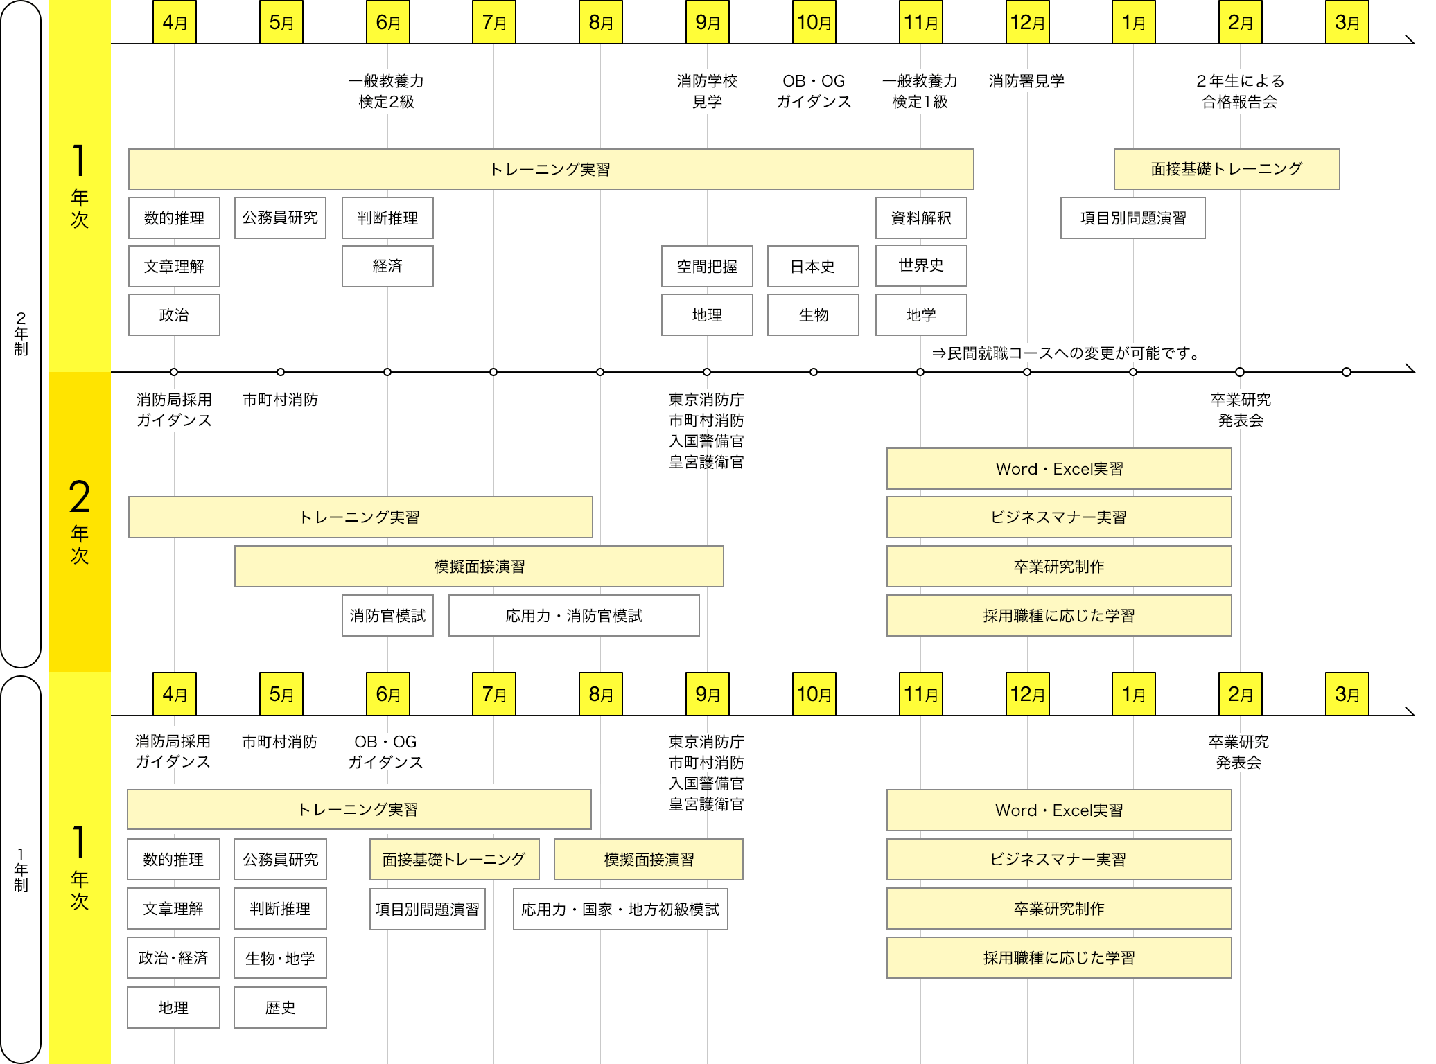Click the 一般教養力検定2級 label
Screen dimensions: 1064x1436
pyautogui.click(x=386, y=91)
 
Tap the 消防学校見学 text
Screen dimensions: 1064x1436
pyautogui.click(x=707, y=91)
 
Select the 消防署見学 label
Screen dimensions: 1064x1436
pyautogui.click(x=1026, y=81)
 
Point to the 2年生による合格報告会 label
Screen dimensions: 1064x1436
pyautogui.click(x=1240, y=91)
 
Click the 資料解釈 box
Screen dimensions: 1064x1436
pyautogui.click(x=921, y=218)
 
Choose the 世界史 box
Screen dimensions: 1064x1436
pyautogui.click(x=921, y=266)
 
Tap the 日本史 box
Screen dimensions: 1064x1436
pyautogui.click(x=813, y=267)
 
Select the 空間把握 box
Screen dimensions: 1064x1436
pyautogui.click(x=707, y=267)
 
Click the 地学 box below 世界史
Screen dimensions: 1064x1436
pyautogui.click(x=921, y=315)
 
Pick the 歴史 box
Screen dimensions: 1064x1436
pyautogui.click(x=280, y=1008)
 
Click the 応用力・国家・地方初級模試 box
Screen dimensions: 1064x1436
pyautogui.click(x=620, y=910)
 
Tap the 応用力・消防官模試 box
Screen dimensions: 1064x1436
pyautogui.click(x=574, y=616)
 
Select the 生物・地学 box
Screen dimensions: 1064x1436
pyautogui.click(x=280, y=959)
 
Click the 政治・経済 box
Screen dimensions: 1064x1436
pyautogui.click(x=173, y=959)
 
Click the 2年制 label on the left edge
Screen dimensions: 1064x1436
pyautogui.click(x=21, y=334)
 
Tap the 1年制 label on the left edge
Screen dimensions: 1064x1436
pyautogui.click(x=21, y=870)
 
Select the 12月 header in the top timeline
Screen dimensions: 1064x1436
pyautogui.click(x=1027, y=23)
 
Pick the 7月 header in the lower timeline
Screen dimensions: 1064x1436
pyautogui.click(x=494, y=694)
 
